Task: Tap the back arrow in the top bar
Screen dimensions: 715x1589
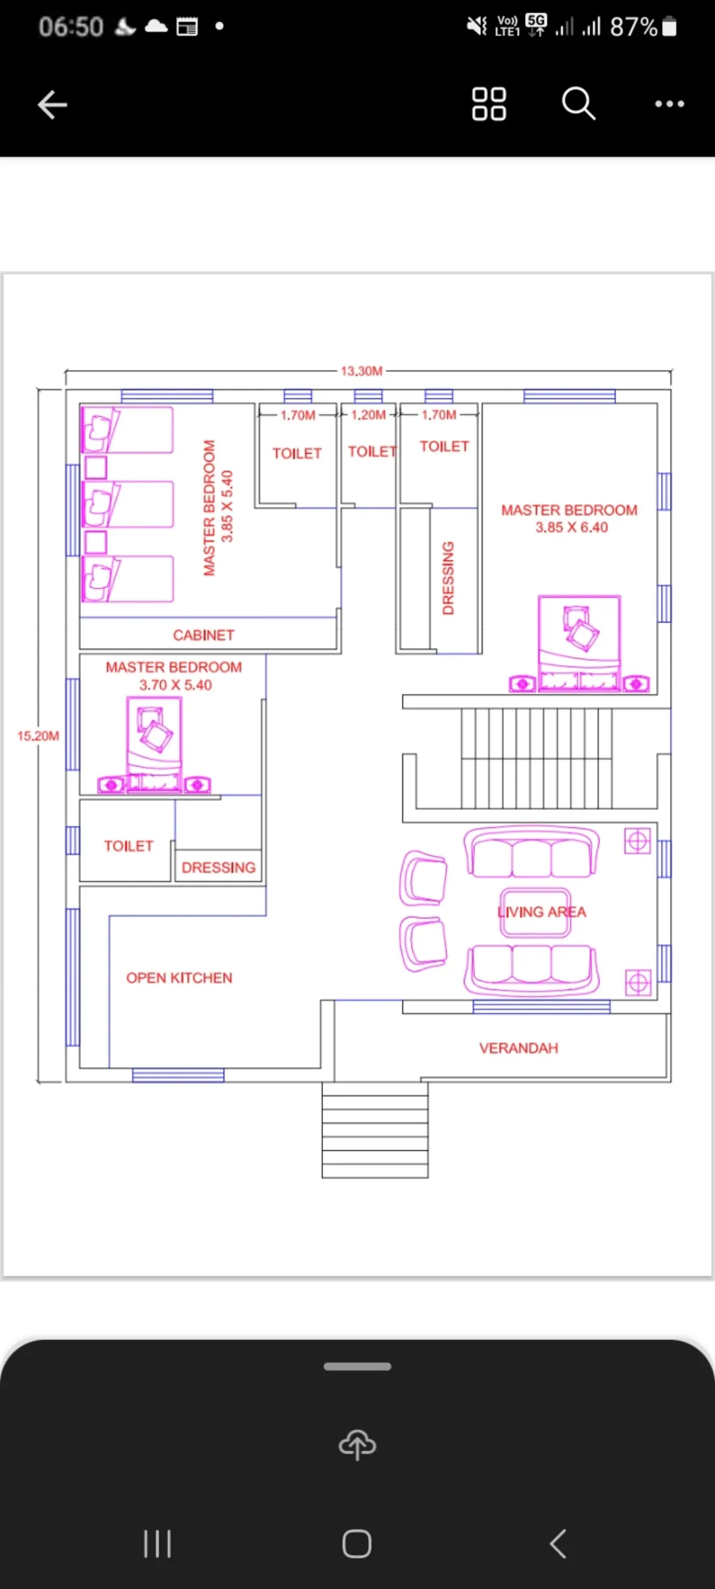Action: pyautogui.click(x=52, y=105)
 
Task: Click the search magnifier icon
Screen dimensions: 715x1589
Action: pyautogui.click(x=579, y=103)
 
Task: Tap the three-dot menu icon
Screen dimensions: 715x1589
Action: pyautogui.click(x=669, y=104)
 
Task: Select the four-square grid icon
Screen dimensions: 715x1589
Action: pyautogui.click(x=489, y=104)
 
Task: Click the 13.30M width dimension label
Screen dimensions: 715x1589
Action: pyautogui.click(x=361, y=371)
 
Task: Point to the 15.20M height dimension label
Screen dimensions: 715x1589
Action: pyautogui.click(x=38, y=736)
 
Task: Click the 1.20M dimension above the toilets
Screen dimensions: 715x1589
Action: pyautogui.click(x=368, y=415)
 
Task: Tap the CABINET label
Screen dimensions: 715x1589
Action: pyautogui.click(x=204, y=635)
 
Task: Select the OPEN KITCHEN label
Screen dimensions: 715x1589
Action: pyautogui.click(x=179, y=978)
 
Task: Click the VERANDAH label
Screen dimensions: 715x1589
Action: pyautogui.click(x=519, y=1048)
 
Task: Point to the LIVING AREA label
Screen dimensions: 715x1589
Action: pyautogui.click(x=542, y=912)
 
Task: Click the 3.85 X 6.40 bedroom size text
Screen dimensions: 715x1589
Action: pyautogui.click(x=572, y=527)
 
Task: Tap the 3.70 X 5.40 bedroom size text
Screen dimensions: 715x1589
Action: pyautogui.click(x=175, y=685)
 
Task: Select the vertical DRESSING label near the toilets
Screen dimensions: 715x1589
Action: pyautogui.click(x=448, y=578)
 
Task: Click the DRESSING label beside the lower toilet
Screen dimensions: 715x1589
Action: pyautogui.click(x=218, y=868)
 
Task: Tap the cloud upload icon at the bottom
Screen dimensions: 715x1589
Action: pyautogui.click(x=358, y=1444)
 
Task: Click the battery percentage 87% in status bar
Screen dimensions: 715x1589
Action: pyautogui.click(x=634, y=27)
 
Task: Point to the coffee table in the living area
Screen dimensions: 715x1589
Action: pyautogui.click(x=536, y=912)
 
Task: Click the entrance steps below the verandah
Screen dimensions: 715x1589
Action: pyautogui.click(x=375, y=1130)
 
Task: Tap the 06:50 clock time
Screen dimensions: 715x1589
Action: pyautogui.click(x=71, y=27)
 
